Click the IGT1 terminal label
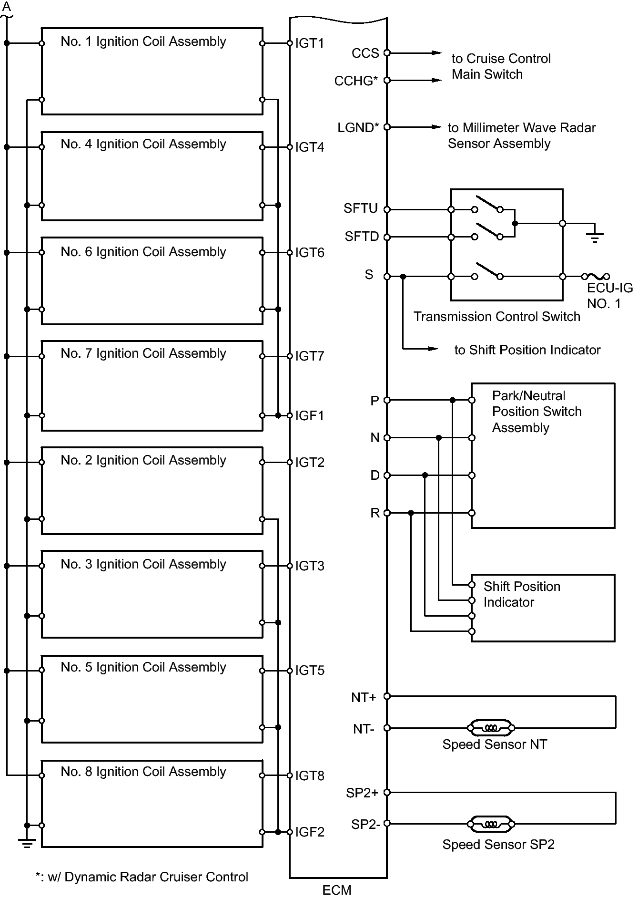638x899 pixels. (309, 43)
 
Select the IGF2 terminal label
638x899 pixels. (310, 832)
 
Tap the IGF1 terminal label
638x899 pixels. (309, 415)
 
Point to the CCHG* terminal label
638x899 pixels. (356, 81)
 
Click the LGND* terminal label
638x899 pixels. (358, 127)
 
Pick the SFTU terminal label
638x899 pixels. (361, 208)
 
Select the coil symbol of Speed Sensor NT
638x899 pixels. (491, 728)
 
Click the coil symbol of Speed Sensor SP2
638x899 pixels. (491, 824)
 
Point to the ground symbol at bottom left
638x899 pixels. (27, 844)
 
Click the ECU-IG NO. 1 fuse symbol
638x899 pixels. (595, 276)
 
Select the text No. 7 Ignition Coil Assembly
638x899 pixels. (143, 353)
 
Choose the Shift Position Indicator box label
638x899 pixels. (522, 594)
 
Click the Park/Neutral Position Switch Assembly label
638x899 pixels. (537, 412)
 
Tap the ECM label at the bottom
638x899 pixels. (337, 890)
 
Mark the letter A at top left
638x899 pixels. (7, 7)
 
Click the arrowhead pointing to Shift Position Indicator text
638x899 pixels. (433, 349)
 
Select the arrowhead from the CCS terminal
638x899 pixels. (436, 53)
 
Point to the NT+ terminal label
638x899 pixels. (364, 697)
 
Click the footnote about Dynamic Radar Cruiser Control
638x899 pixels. (142, 877)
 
